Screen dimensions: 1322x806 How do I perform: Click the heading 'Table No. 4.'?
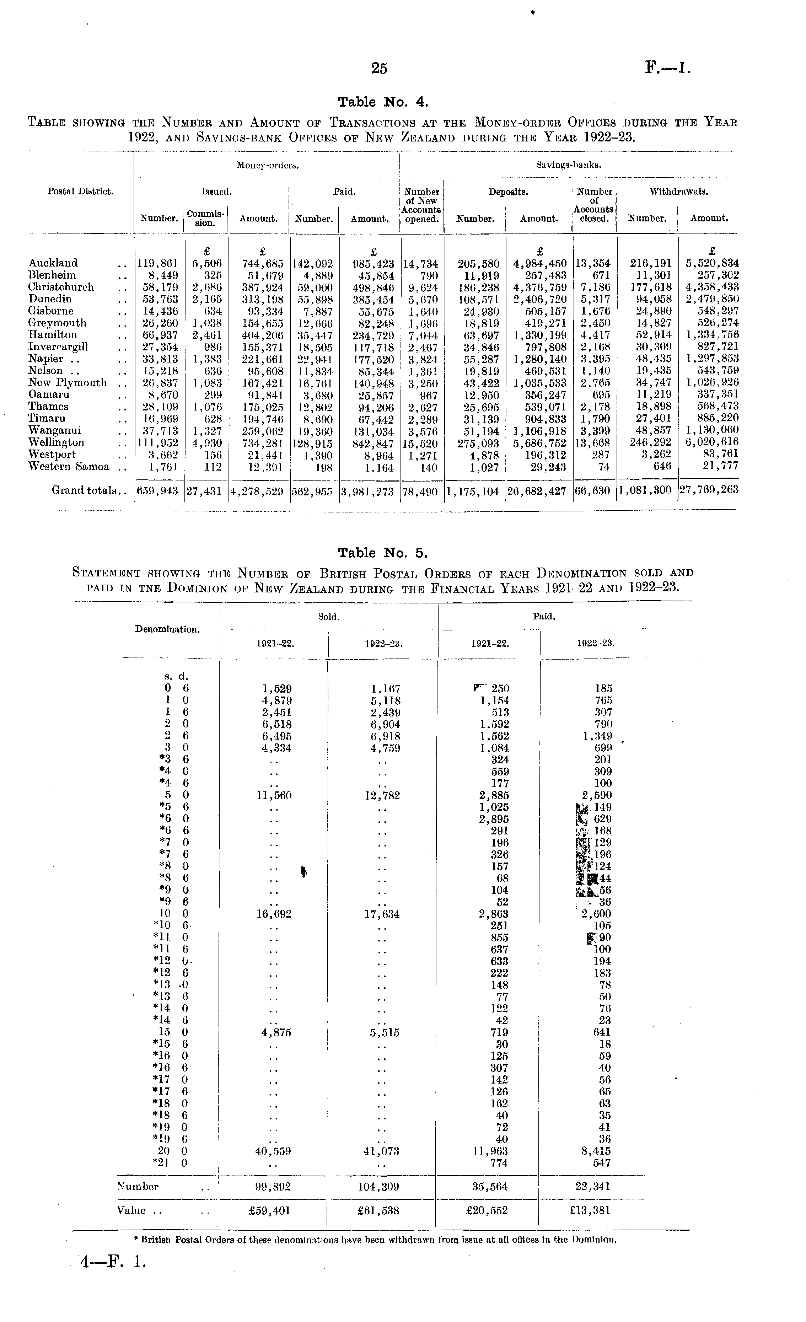[383, 102]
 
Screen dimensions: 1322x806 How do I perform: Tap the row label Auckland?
[53, 263]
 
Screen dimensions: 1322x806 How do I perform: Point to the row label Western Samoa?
[69, 467]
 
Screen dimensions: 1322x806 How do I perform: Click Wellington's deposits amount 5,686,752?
[540, 443]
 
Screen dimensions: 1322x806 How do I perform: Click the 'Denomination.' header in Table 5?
[167, 629]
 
